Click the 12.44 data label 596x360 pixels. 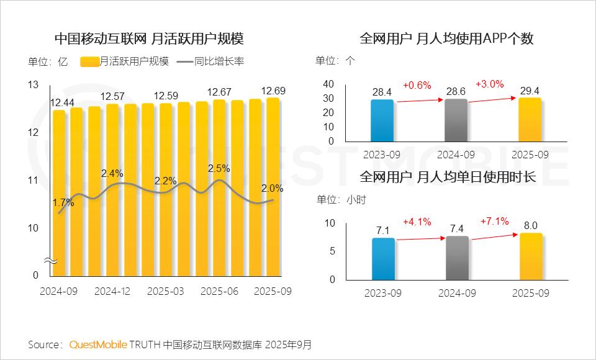63,102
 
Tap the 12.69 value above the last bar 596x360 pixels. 274,91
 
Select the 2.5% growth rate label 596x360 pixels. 219,168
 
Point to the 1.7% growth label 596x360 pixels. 63,202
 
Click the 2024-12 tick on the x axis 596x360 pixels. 113,290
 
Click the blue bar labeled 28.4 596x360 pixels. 382,120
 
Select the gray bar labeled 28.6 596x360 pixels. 456,120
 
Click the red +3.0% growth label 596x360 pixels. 490,84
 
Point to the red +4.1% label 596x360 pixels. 417,222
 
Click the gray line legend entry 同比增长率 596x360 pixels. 210,61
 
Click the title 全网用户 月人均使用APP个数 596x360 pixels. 446,38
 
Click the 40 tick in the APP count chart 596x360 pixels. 329,84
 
